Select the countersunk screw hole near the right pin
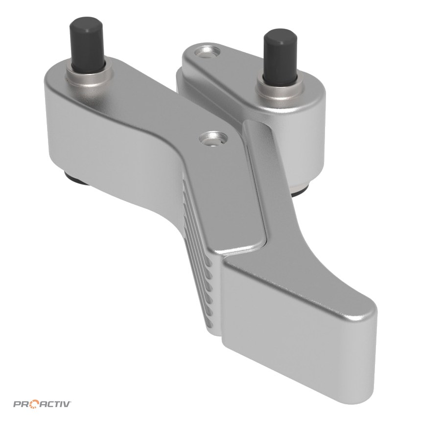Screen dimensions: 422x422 (208, 52)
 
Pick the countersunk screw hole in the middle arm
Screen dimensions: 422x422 (213, 139)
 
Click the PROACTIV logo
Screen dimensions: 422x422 (43, 397)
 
